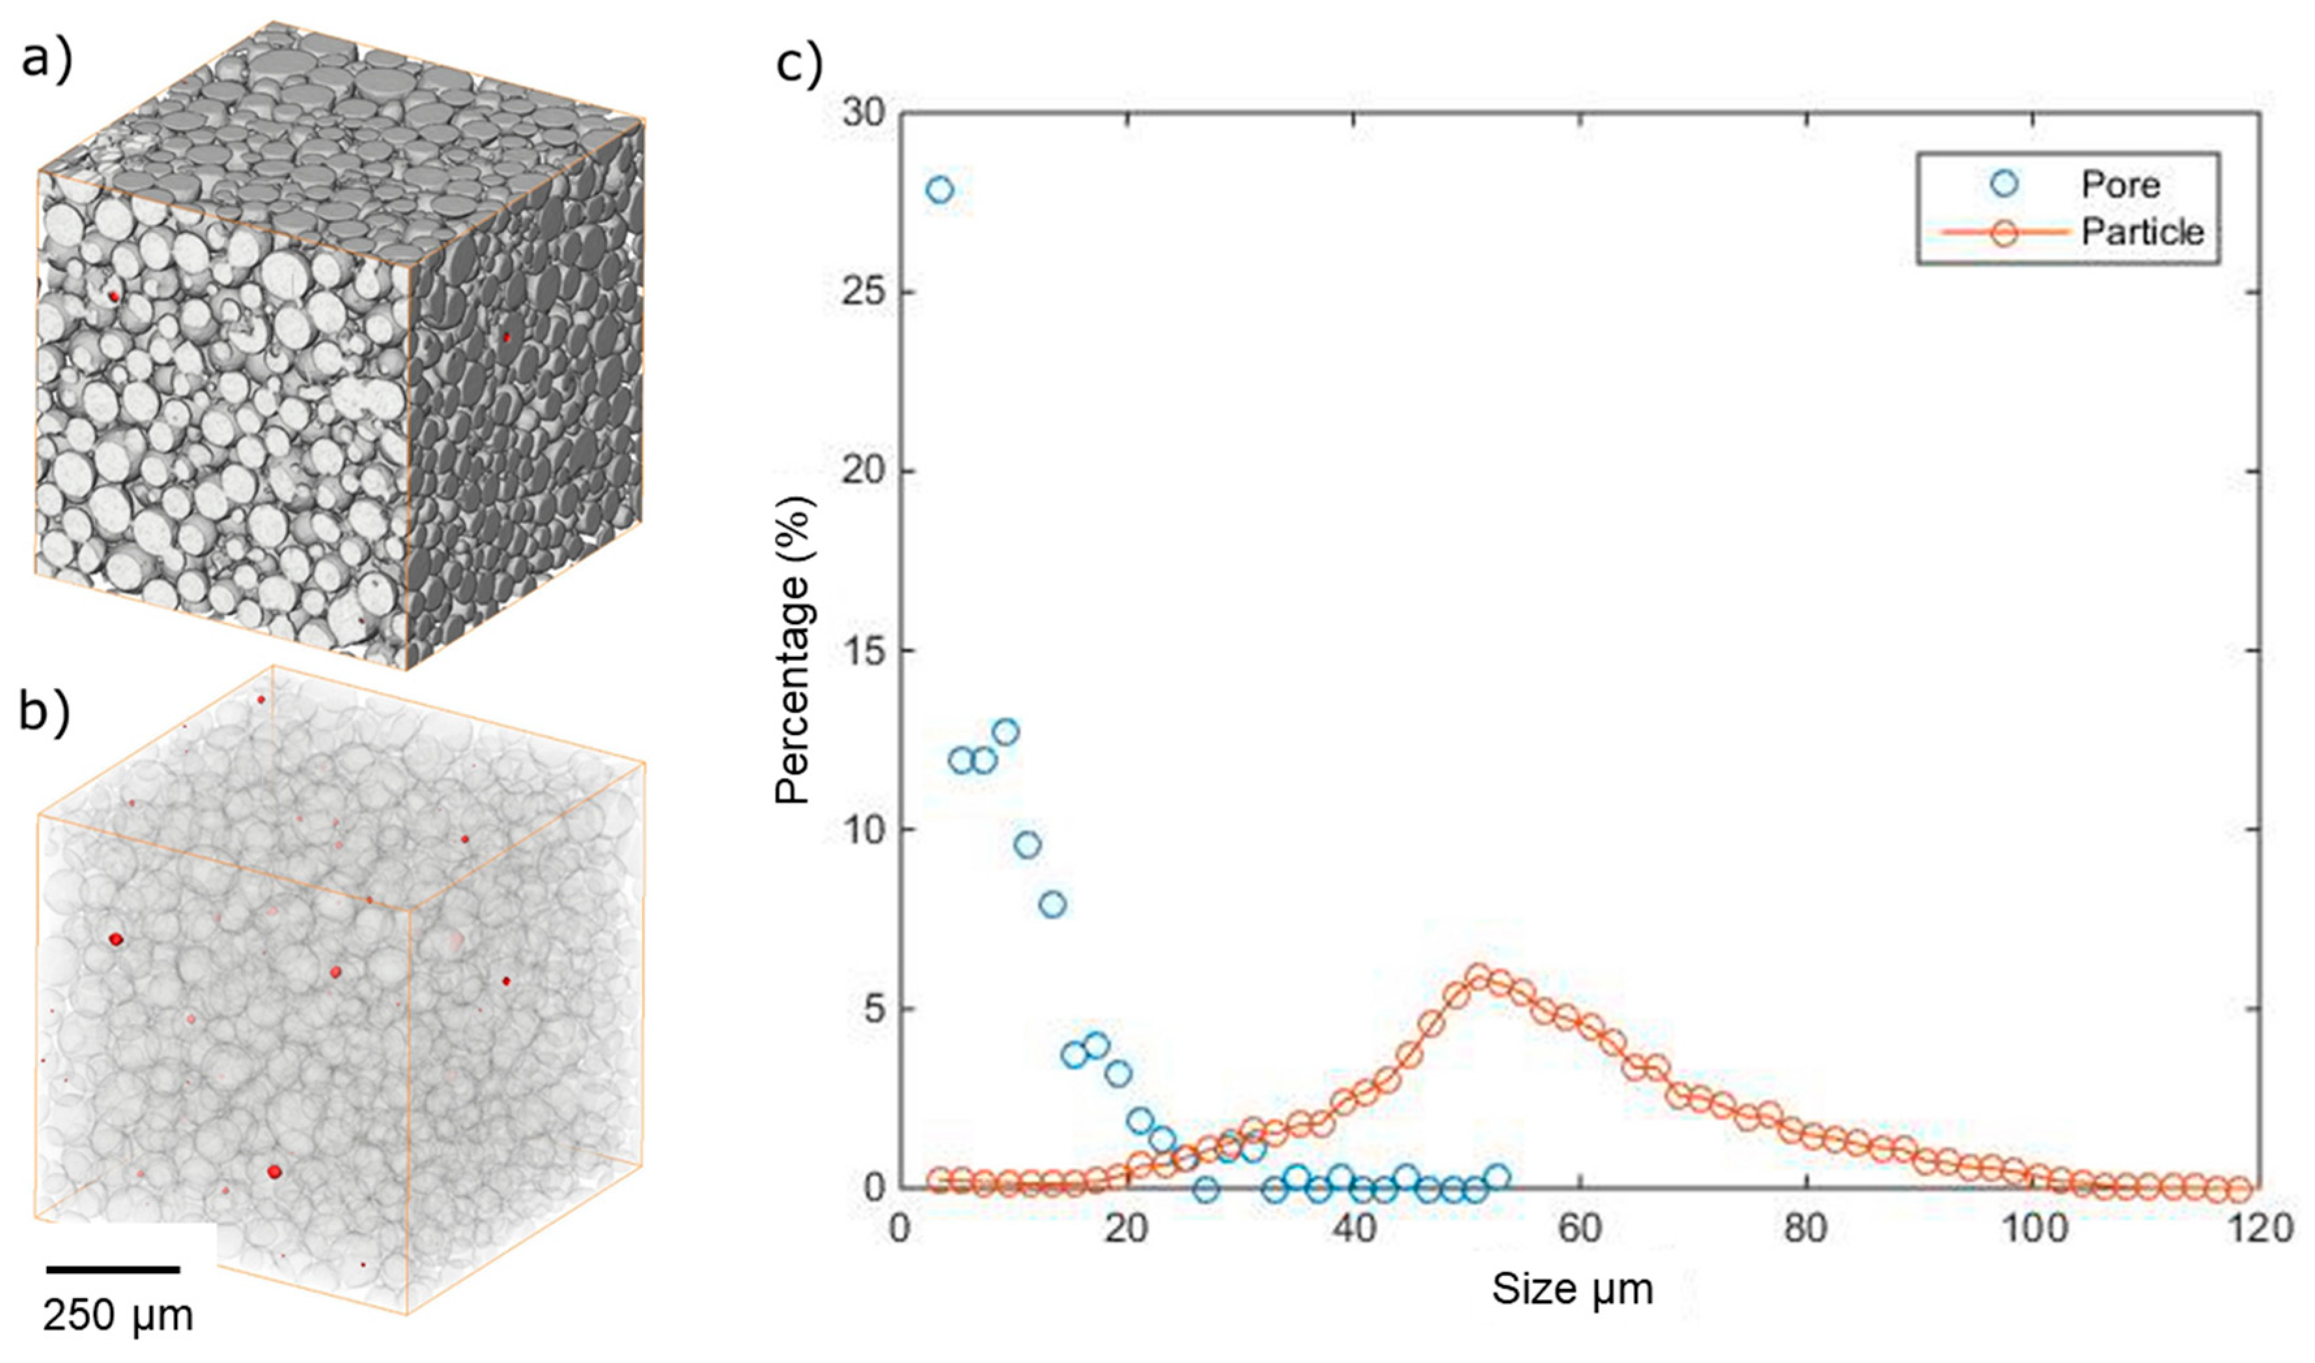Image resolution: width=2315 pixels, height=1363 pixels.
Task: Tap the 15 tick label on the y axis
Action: tap(859, 650)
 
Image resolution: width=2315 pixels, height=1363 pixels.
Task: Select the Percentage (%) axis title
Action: tap(793, 650)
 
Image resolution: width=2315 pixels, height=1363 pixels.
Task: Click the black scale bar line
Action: tap(113, 1269)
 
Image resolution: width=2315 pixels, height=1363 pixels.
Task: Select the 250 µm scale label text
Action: tap(118, 1316)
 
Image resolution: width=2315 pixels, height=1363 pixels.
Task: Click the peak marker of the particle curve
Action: tap(1478, 976)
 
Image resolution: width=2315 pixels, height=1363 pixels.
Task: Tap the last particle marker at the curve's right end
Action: tap(2239, 1189)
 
